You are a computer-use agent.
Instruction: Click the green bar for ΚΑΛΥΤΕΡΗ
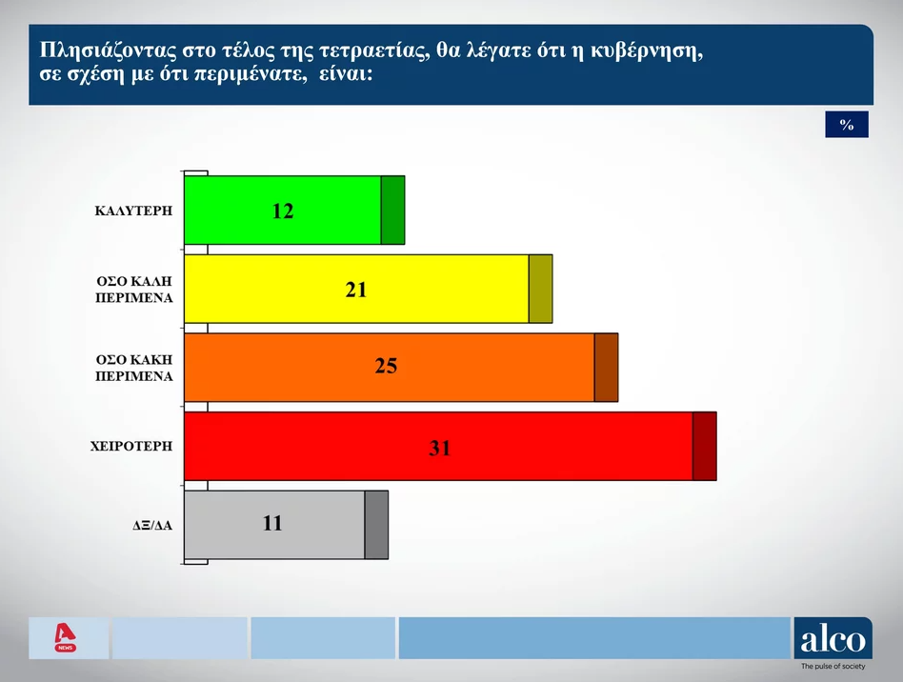click(294, 211)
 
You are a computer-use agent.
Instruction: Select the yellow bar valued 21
click(368, 289)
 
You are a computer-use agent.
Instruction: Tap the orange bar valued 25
click(401, 367)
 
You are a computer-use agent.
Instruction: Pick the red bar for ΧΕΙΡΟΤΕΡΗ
click(451, 446)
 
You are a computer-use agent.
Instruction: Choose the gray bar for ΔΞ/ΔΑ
click(286, 525)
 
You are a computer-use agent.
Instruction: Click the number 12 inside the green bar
click(283, 211)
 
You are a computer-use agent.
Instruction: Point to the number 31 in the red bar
click(439, 448)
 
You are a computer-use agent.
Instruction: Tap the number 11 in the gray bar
click(272, 523)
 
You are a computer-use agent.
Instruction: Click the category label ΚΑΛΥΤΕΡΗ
click(133, 211)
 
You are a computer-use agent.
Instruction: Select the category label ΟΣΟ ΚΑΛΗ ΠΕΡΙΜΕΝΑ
click(134, 290)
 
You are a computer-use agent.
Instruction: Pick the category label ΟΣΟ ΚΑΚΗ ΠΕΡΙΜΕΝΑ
click(134, 368)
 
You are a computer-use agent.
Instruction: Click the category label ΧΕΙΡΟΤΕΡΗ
click(131, 447)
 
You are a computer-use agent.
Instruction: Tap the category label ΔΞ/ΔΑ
click(152, 526)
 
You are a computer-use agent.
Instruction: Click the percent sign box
click(847, 125)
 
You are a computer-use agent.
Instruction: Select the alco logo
click(833, 638)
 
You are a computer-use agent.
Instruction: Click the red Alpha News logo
click(65, 637)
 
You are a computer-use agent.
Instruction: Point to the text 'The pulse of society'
click(833, 667)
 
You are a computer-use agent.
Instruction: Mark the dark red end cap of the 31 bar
click(705, 446)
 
